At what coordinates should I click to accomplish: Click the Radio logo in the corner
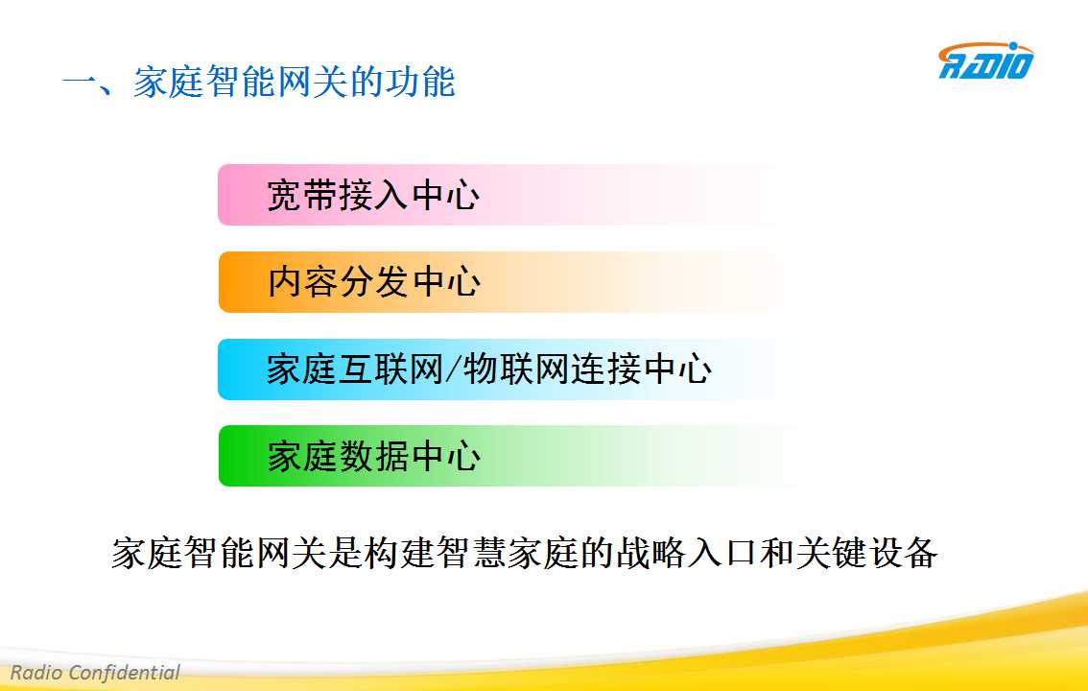(985, 60)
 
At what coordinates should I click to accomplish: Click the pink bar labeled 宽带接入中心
(517, 195)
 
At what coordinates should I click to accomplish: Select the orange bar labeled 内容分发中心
(517, 281)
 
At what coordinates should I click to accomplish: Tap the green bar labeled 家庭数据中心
(517, 456)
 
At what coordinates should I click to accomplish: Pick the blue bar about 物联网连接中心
(517, 369)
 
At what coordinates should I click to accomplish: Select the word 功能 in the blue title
(420, 82)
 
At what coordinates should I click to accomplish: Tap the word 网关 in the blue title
(312, 82)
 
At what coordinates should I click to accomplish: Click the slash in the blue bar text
(454, 369)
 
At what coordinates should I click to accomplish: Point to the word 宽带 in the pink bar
(302, 195)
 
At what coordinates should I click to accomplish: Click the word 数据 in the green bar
(375, 457)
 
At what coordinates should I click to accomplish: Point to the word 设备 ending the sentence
(903, 553)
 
